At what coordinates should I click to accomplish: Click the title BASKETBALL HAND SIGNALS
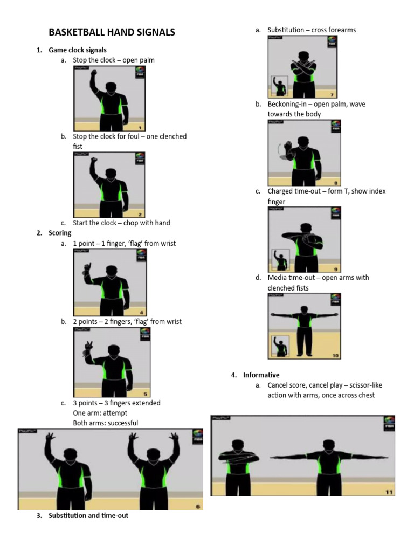112,32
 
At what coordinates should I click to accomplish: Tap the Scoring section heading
60,233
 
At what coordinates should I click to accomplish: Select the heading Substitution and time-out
88,515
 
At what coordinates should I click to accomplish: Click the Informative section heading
261,375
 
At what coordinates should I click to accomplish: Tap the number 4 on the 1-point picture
141,312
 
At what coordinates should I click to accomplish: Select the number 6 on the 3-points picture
197,506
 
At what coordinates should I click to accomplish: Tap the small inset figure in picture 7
279,86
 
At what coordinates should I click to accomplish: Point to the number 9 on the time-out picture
336,269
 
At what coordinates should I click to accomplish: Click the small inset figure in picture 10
280,346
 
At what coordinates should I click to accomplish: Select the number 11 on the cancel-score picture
389,492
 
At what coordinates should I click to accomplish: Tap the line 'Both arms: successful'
105,423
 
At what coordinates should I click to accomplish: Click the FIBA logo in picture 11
388,424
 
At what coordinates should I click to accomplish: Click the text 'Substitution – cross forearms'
312,30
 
